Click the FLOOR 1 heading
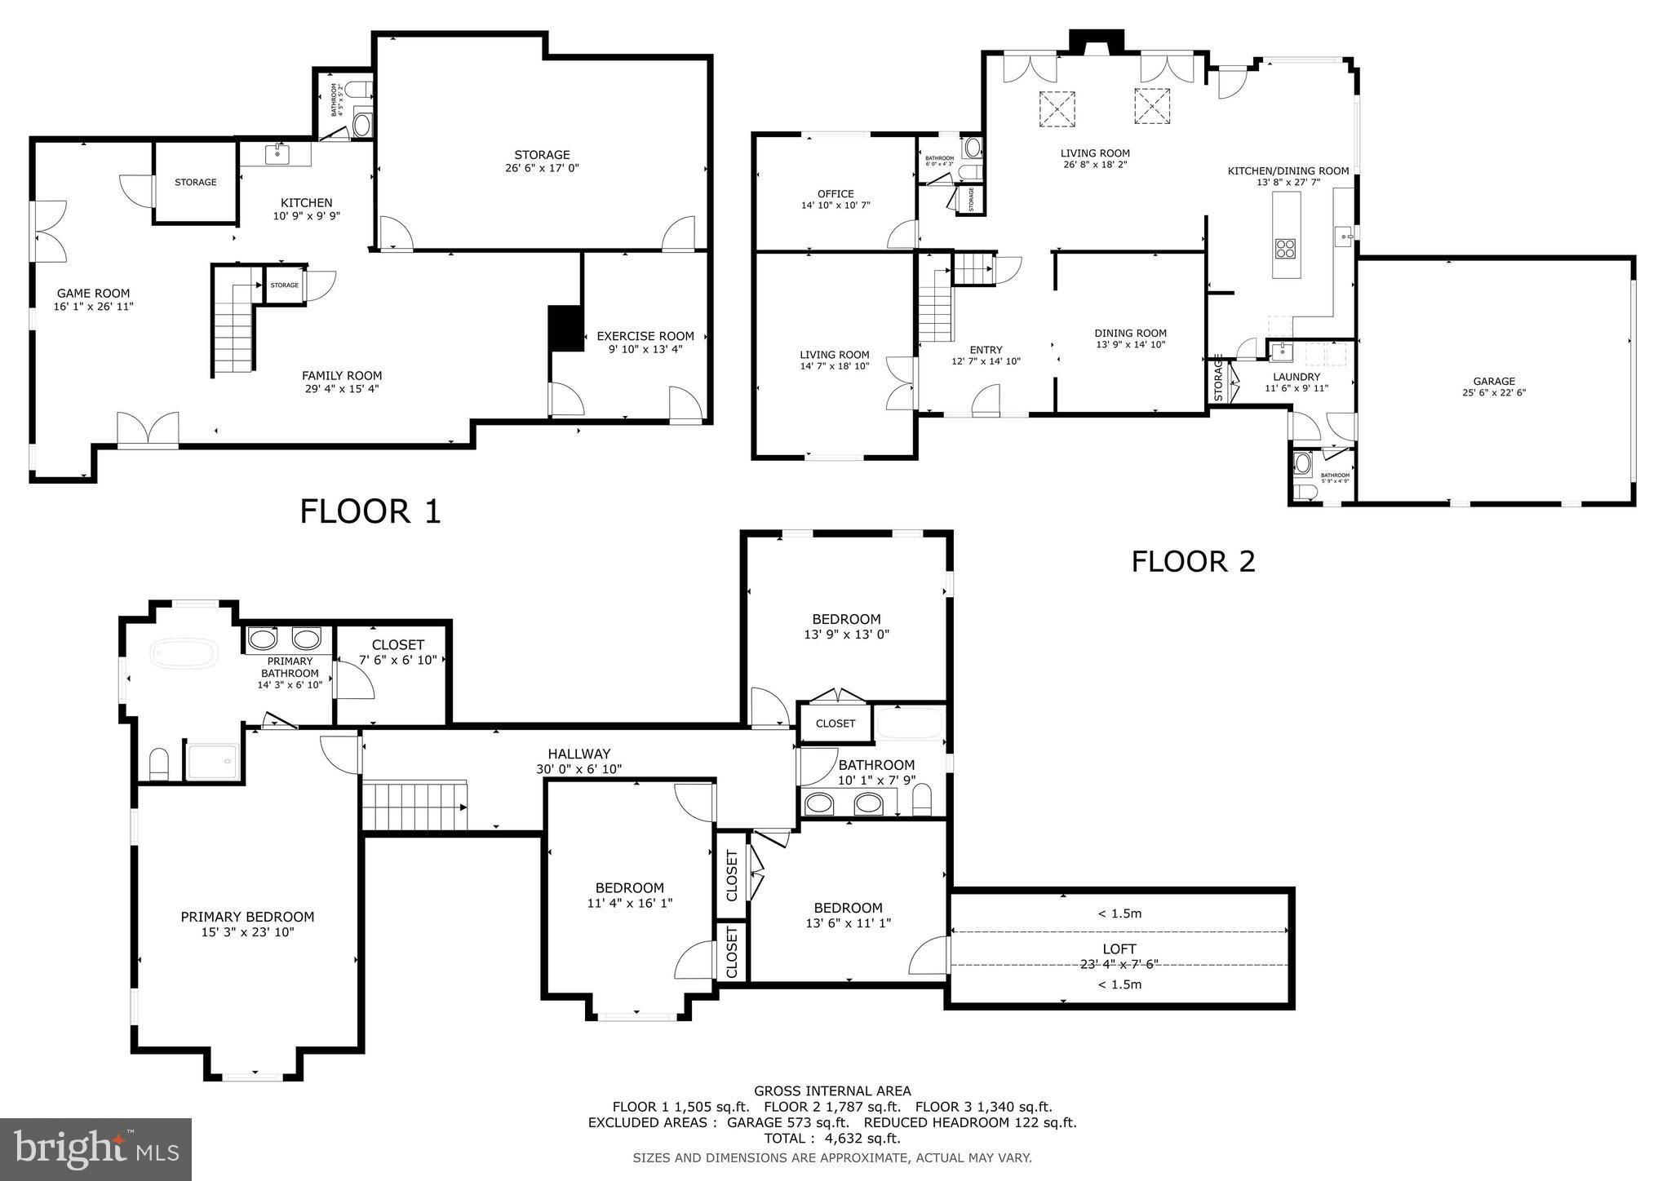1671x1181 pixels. coord(370,511)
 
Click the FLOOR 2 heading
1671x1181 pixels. coord(1192,561)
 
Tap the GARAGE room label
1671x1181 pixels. coord(1493,381)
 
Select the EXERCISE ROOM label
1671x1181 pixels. coord(645,336)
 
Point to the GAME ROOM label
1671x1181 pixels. coord(93,294)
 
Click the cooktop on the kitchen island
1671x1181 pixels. coord(1286,248)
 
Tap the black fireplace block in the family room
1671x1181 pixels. coord(565,329)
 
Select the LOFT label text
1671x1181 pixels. coord(1119,949)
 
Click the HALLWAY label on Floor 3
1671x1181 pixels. coord(578,754)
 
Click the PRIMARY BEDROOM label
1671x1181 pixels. coord(247,917)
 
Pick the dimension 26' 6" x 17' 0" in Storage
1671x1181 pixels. coord(542,168)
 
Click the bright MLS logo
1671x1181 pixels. coord(95,1149)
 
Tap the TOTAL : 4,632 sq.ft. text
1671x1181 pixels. coord(831,1138)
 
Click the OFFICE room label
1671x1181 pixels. coord(835,194)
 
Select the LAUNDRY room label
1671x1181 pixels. coord(1296,377)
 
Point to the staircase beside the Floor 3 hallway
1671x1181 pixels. coord(414,806)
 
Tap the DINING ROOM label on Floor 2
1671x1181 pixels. coord(1130,333)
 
